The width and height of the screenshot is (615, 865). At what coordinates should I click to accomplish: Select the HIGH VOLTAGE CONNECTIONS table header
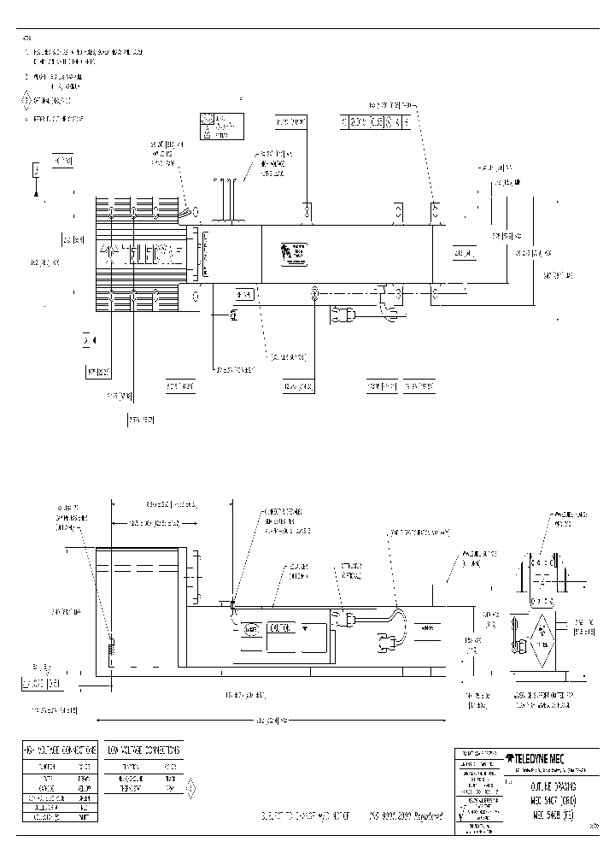tap(58, 750)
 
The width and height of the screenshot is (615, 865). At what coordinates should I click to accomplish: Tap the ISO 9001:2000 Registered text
tap(407, 816)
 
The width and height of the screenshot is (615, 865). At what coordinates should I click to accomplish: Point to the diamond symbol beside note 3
tap(25, 101)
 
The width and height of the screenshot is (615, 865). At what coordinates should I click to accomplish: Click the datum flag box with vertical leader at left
tap(37, 172)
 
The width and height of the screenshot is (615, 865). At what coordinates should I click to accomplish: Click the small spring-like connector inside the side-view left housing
tap(109, 650)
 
